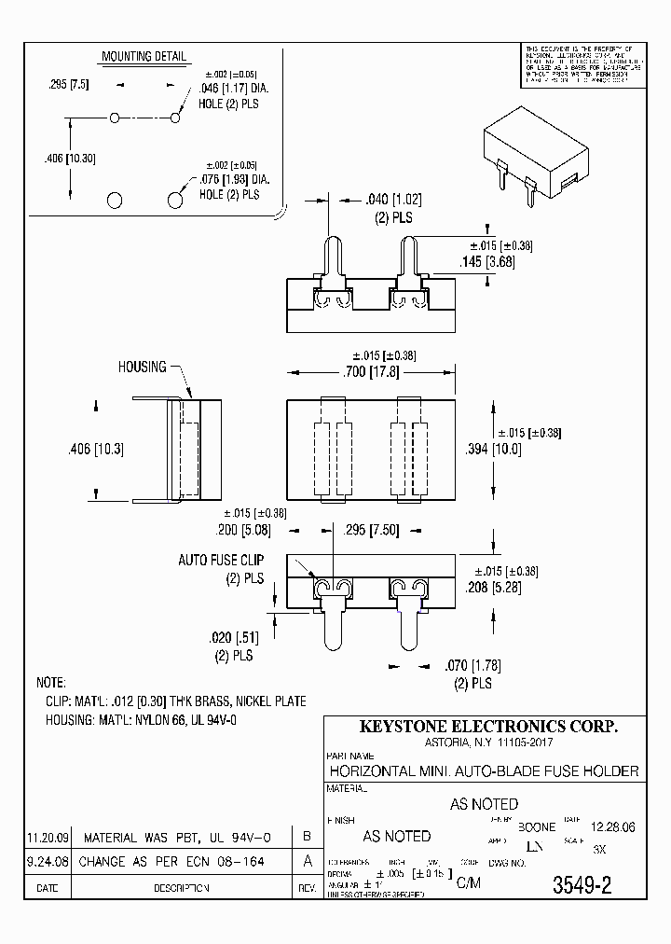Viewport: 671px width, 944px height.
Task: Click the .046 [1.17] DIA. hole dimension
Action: (234, 90)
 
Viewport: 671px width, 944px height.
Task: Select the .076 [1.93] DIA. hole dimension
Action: (234, 180)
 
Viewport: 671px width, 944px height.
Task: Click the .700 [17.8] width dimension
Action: (370, 372)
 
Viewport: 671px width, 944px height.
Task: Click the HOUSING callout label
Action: (142, 367)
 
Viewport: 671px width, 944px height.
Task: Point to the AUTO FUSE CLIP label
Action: (221, 561)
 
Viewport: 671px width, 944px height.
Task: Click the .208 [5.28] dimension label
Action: (493, 588)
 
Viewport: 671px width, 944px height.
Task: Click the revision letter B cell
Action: (308, 837)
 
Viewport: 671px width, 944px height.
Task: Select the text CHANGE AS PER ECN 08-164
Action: (172, 862)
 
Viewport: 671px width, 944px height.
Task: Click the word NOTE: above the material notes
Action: (50, 683)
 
